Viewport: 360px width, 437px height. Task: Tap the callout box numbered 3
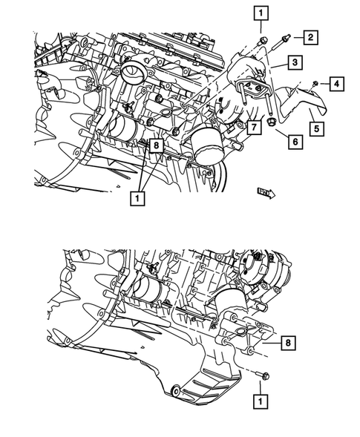tap(295, 64)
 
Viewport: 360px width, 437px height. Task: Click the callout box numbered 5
tap(315, 129)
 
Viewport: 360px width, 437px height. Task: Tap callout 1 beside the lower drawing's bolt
tap(259, 401)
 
